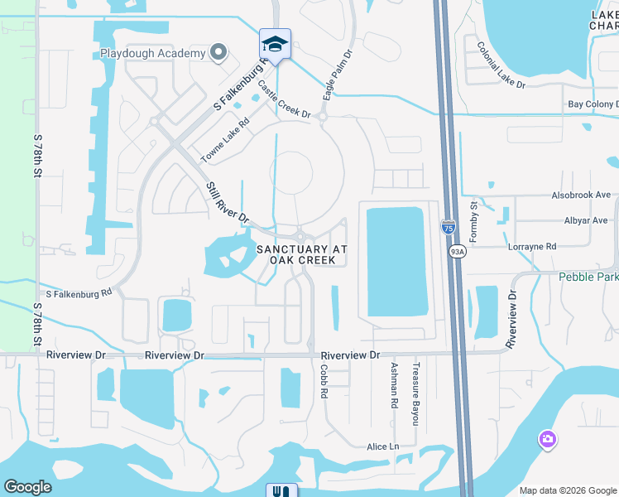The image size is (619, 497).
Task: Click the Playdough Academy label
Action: (152, 54)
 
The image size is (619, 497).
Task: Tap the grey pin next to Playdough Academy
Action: (218, 53)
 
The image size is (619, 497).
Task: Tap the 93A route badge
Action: (457, 250)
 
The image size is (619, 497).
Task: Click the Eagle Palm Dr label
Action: (338, 75)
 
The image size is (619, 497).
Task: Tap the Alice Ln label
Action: (382, 446)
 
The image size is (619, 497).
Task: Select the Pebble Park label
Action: (588, 277)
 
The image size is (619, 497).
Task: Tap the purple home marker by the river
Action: (546, 440)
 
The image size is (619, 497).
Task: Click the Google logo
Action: (28, 487)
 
